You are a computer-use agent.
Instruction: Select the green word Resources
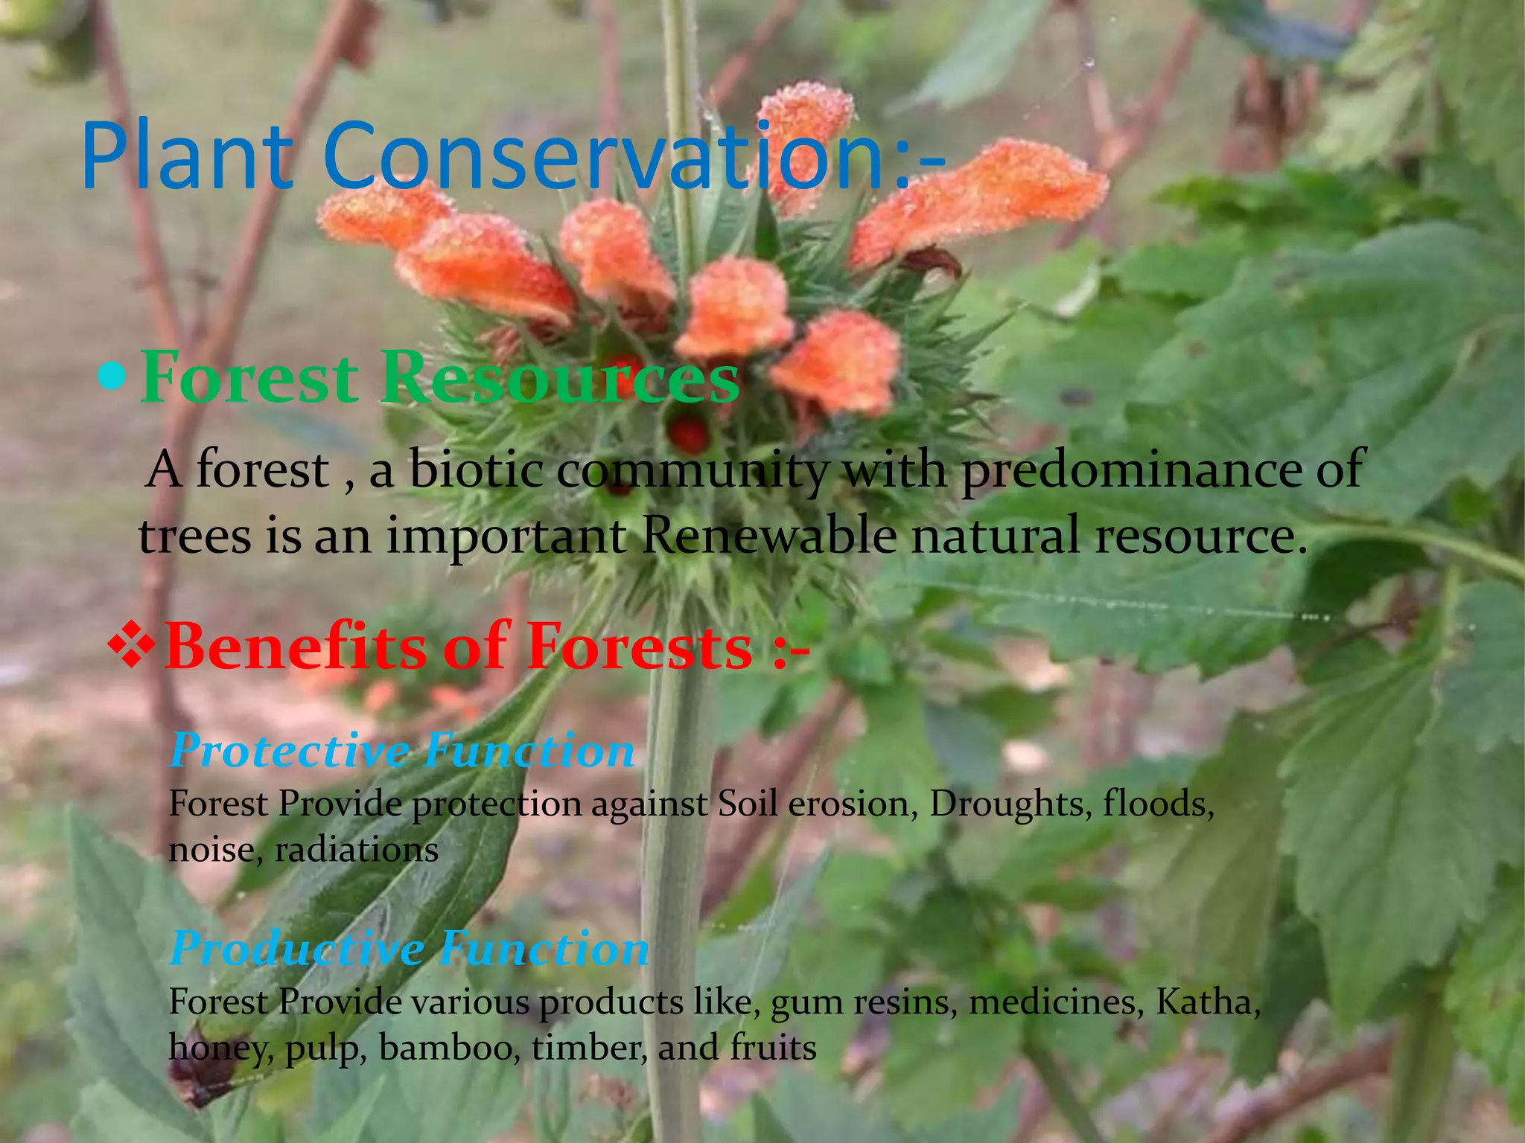[x=559, y=377]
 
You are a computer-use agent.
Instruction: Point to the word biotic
[x=475, y=470]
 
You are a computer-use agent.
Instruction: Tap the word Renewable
[x=769, y=536]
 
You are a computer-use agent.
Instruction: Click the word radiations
[x=357, y=850]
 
